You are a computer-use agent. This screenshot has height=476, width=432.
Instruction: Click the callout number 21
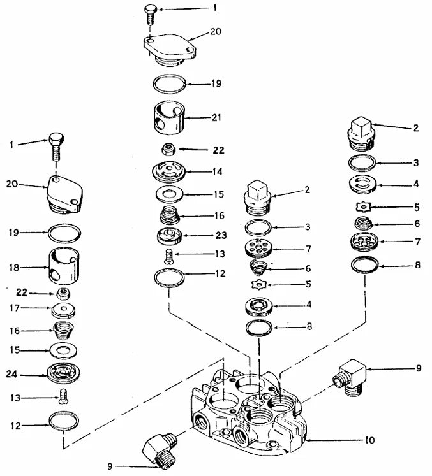tap(216, 118)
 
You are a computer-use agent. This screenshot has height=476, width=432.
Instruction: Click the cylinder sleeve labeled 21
tap(170, 118)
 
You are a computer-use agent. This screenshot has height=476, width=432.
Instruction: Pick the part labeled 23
tap(170, 236)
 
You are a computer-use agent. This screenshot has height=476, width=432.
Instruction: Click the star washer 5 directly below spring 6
tap(260, 284)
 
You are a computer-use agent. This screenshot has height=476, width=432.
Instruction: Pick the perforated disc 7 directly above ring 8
tap(365, 243)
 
